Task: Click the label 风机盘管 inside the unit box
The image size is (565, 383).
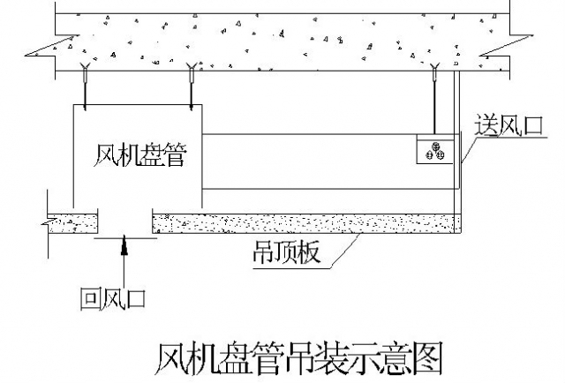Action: [x=141, y=155]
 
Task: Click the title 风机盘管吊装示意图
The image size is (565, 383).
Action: [x=298, y=357]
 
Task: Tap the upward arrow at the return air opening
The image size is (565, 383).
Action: [x=124, y=249]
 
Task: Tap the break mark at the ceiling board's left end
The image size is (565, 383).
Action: [x=44, y=224]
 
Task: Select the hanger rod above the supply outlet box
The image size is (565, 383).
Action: [x=437, y=101]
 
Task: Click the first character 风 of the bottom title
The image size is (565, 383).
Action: [x=172, y=357]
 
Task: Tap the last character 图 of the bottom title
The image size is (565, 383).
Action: [x=423, y=357]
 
